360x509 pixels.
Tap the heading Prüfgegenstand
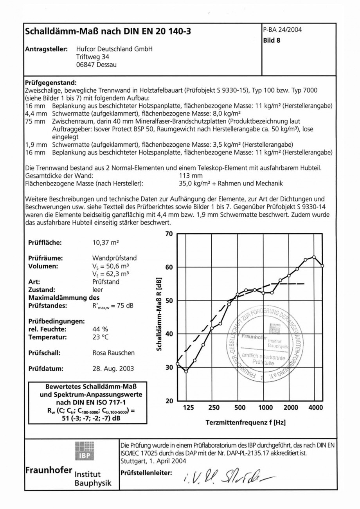coord(51,83)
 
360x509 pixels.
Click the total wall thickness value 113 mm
coord(191,175)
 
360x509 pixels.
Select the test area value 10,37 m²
coord(105,243)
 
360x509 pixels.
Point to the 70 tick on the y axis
coord(169,234)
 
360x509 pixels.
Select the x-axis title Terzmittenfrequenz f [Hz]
coord(245,423)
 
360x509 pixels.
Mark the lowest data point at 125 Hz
coord(186,371)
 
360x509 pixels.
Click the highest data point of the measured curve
coord(314,257)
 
